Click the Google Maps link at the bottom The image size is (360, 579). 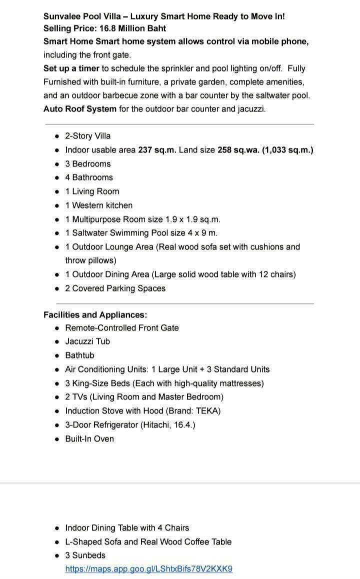coord(148,568)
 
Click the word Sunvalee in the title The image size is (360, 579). coord(62,16)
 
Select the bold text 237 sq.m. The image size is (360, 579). coord(157,149)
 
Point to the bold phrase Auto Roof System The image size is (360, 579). coord(80,108)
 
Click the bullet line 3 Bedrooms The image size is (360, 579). coord(88,163)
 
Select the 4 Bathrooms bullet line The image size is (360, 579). coord(89,177)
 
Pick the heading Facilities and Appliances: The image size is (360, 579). coord(95,314)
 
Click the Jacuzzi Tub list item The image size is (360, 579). coord(87,341)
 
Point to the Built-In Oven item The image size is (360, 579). coord(89,438)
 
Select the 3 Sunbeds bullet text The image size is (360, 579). coord(85,555)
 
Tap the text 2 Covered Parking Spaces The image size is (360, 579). coord(115,288)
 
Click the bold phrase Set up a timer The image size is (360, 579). coord(71,68)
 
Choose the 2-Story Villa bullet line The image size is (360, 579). coord(88,135)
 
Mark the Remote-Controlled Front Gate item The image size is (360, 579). coord(121,327)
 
